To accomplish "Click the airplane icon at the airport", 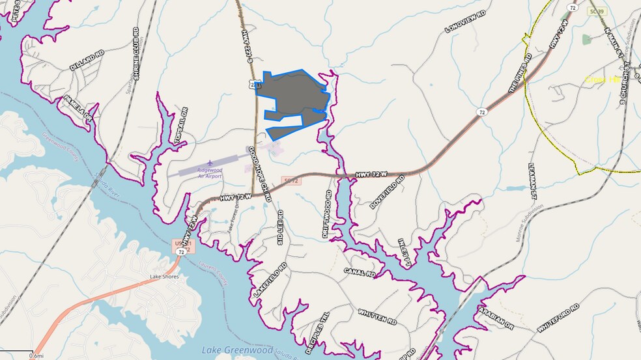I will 210,163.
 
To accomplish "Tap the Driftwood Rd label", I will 327,213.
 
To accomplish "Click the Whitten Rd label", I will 377,317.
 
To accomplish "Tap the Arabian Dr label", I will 495,317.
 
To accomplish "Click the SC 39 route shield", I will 595,12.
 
